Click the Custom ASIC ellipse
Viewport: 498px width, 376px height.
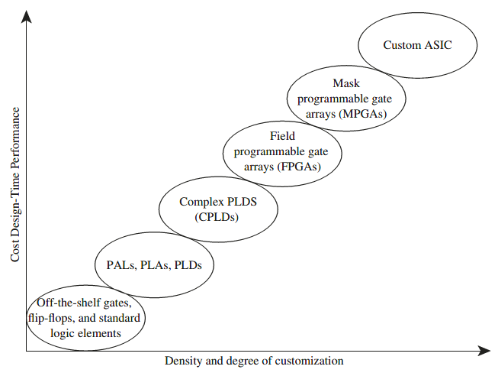[x=417, y=45]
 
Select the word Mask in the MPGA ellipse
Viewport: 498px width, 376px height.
[x=345, y=84]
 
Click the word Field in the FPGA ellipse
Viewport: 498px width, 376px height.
[x=283, y=137]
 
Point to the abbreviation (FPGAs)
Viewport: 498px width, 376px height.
[x=301, y=166]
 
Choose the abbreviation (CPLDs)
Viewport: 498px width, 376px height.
[x=218, y=216]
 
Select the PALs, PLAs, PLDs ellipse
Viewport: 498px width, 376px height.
[x=154, y=265]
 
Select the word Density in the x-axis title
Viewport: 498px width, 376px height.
[x=182, y=361]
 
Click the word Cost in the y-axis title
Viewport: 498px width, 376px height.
[x=15, y=248]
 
